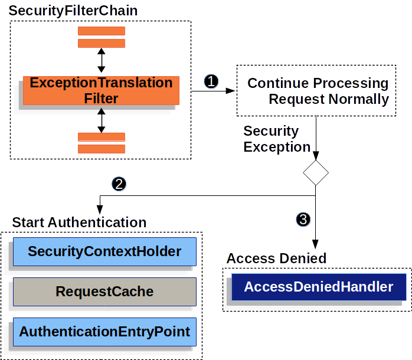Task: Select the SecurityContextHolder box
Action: pyautogui.click(x=104, y=252)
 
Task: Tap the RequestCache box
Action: pyautogui.click(x=104, y=292)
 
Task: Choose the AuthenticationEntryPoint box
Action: pyautogui.click(x=104, y=332)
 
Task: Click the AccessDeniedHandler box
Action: pyautogui.click(x=318, y=287)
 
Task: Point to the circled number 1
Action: pyautogui.click(x=211, y=81)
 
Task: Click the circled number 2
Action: pyautogui.click(x=119, y=184)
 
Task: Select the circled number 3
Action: pyautogui.click(x=303, y=220)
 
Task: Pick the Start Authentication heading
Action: pyautogui.click(x=79, y=222)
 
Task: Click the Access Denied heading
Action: pyautogui.click(x=276, y=258)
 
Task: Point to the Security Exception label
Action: pyautogui.click(x=276, y=139)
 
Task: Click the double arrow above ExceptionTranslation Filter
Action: pyautogui.click(x=101, y=60)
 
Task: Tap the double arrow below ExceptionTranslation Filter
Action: pyautogui.click(x=101, y=121)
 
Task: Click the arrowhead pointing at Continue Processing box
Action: pyautogui.click(x=230, y=91)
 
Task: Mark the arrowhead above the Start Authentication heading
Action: pyautogui.click(x=100, y=210)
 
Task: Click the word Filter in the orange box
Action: pyautogui.click(x=101, y=99)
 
